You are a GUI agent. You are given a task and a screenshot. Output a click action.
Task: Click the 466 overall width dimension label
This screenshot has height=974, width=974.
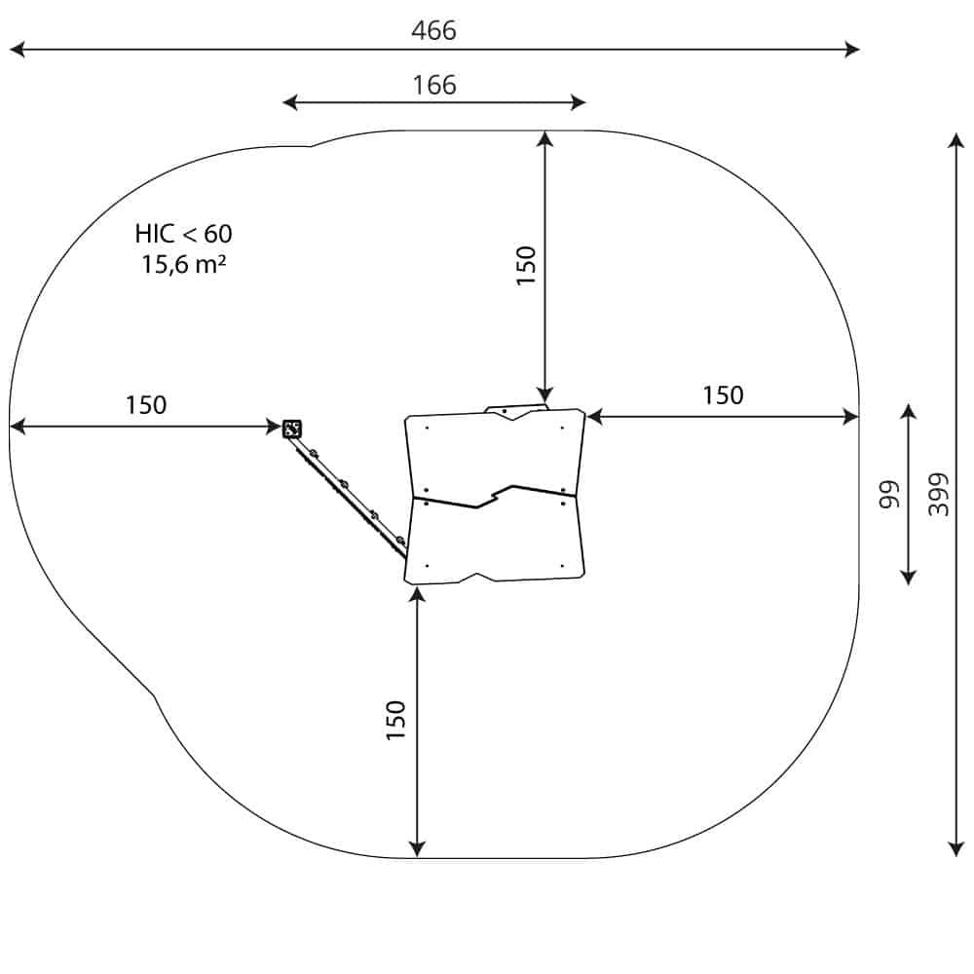click(x=433, y=30)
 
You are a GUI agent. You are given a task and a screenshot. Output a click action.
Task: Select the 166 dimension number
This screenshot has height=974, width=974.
click(x=434, y=85)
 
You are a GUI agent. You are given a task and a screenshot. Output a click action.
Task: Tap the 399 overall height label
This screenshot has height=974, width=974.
click(x=939, y=495)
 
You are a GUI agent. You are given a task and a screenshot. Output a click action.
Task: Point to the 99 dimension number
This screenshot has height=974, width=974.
click(x=889, y=495)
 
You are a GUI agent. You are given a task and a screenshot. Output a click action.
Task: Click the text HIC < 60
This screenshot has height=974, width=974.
click(x=183, y=234)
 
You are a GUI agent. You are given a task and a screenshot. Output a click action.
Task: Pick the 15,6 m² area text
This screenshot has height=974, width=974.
click(x=183, y=265)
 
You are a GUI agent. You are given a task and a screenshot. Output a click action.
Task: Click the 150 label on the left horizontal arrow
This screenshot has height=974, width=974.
click(x=146, y=405)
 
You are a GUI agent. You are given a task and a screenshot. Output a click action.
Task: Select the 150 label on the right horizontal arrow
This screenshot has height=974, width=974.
click(x=723, y=395)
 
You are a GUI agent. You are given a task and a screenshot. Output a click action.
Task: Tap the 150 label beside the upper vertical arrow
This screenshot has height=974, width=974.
click(x=526, y=266)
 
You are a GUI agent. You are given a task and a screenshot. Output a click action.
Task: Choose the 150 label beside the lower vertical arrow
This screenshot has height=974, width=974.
click(x=395, y=720)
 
